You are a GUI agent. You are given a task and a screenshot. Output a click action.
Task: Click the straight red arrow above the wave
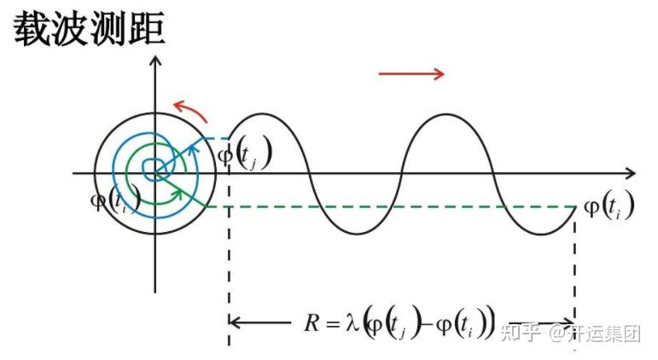(x=411, y=74)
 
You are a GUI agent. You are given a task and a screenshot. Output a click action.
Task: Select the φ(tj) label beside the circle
(x=246, y=154)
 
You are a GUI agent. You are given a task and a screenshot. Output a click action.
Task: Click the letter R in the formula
(x=312, y=322)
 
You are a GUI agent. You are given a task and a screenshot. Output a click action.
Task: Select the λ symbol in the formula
(x=350, y=322)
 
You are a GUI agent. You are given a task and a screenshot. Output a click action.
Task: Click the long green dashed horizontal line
(x=384, y=206)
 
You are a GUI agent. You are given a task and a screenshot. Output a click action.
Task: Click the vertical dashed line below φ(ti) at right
(x=574, y=264)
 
